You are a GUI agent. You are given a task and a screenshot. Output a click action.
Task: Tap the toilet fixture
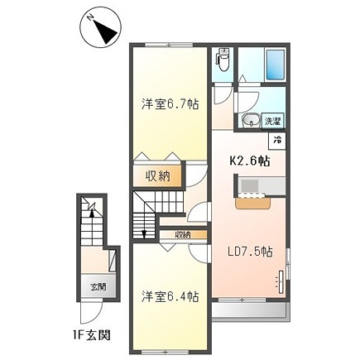(221, 61)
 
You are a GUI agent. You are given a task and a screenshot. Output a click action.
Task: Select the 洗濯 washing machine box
(272, 121)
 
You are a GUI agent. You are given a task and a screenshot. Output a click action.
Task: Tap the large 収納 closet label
(159, 175)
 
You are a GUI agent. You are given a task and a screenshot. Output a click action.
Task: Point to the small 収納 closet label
(181, 235)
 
